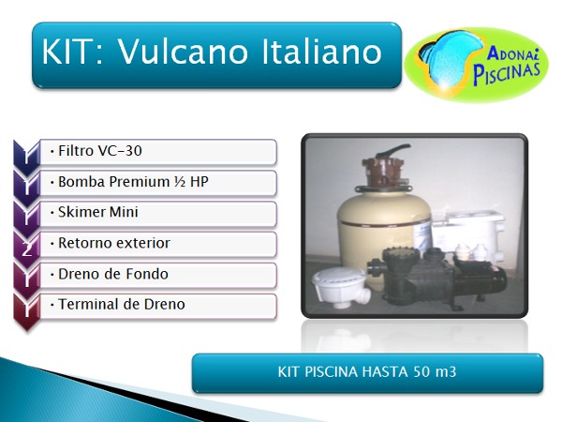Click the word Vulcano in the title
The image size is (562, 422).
[183, 52]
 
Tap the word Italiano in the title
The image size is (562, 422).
[322, 52]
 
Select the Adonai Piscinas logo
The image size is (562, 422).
[476, 65]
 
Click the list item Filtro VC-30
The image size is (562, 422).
[100, 151]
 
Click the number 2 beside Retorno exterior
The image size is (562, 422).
[26, 249]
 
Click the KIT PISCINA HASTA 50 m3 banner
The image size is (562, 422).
[367, 373]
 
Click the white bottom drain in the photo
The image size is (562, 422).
[341, 287]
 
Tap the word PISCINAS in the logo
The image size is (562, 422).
[506, 74]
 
